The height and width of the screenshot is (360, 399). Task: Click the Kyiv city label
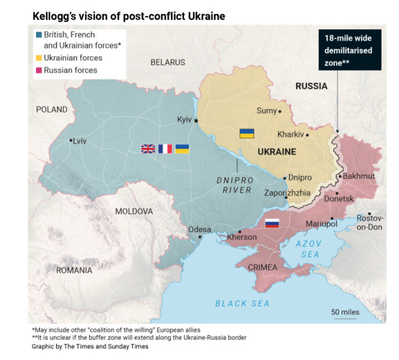184,120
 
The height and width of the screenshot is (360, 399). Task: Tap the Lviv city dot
71,140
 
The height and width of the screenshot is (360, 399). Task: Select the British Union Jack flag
148,148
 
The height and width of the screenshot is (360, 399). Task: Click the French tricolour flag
165,148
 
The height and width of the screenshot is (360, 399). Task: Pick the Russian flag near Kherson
272,224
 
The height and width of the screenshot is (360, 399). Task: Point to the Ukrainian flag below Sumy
246,133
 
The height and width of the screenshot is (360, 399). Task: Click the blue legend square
39,35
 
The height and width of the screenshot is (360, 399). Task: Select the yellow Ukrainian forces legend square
39,58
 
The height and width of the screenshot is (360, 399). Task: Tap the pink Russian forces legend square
39,70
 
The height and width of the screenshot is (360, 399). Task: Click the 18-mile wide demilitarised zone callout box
349,50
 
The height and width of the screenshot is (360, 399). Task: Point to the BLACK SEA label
242,303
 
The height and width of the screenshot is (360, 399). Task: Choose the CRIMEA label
262,267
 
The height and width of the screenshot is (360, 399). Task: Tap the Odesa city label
199,230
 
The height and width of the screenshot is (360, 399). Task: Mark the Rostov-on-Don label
370,222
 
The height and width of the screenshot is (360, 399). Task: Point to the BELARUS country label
167,62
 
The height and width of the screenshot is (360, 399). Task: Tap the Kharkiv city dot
308,135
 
